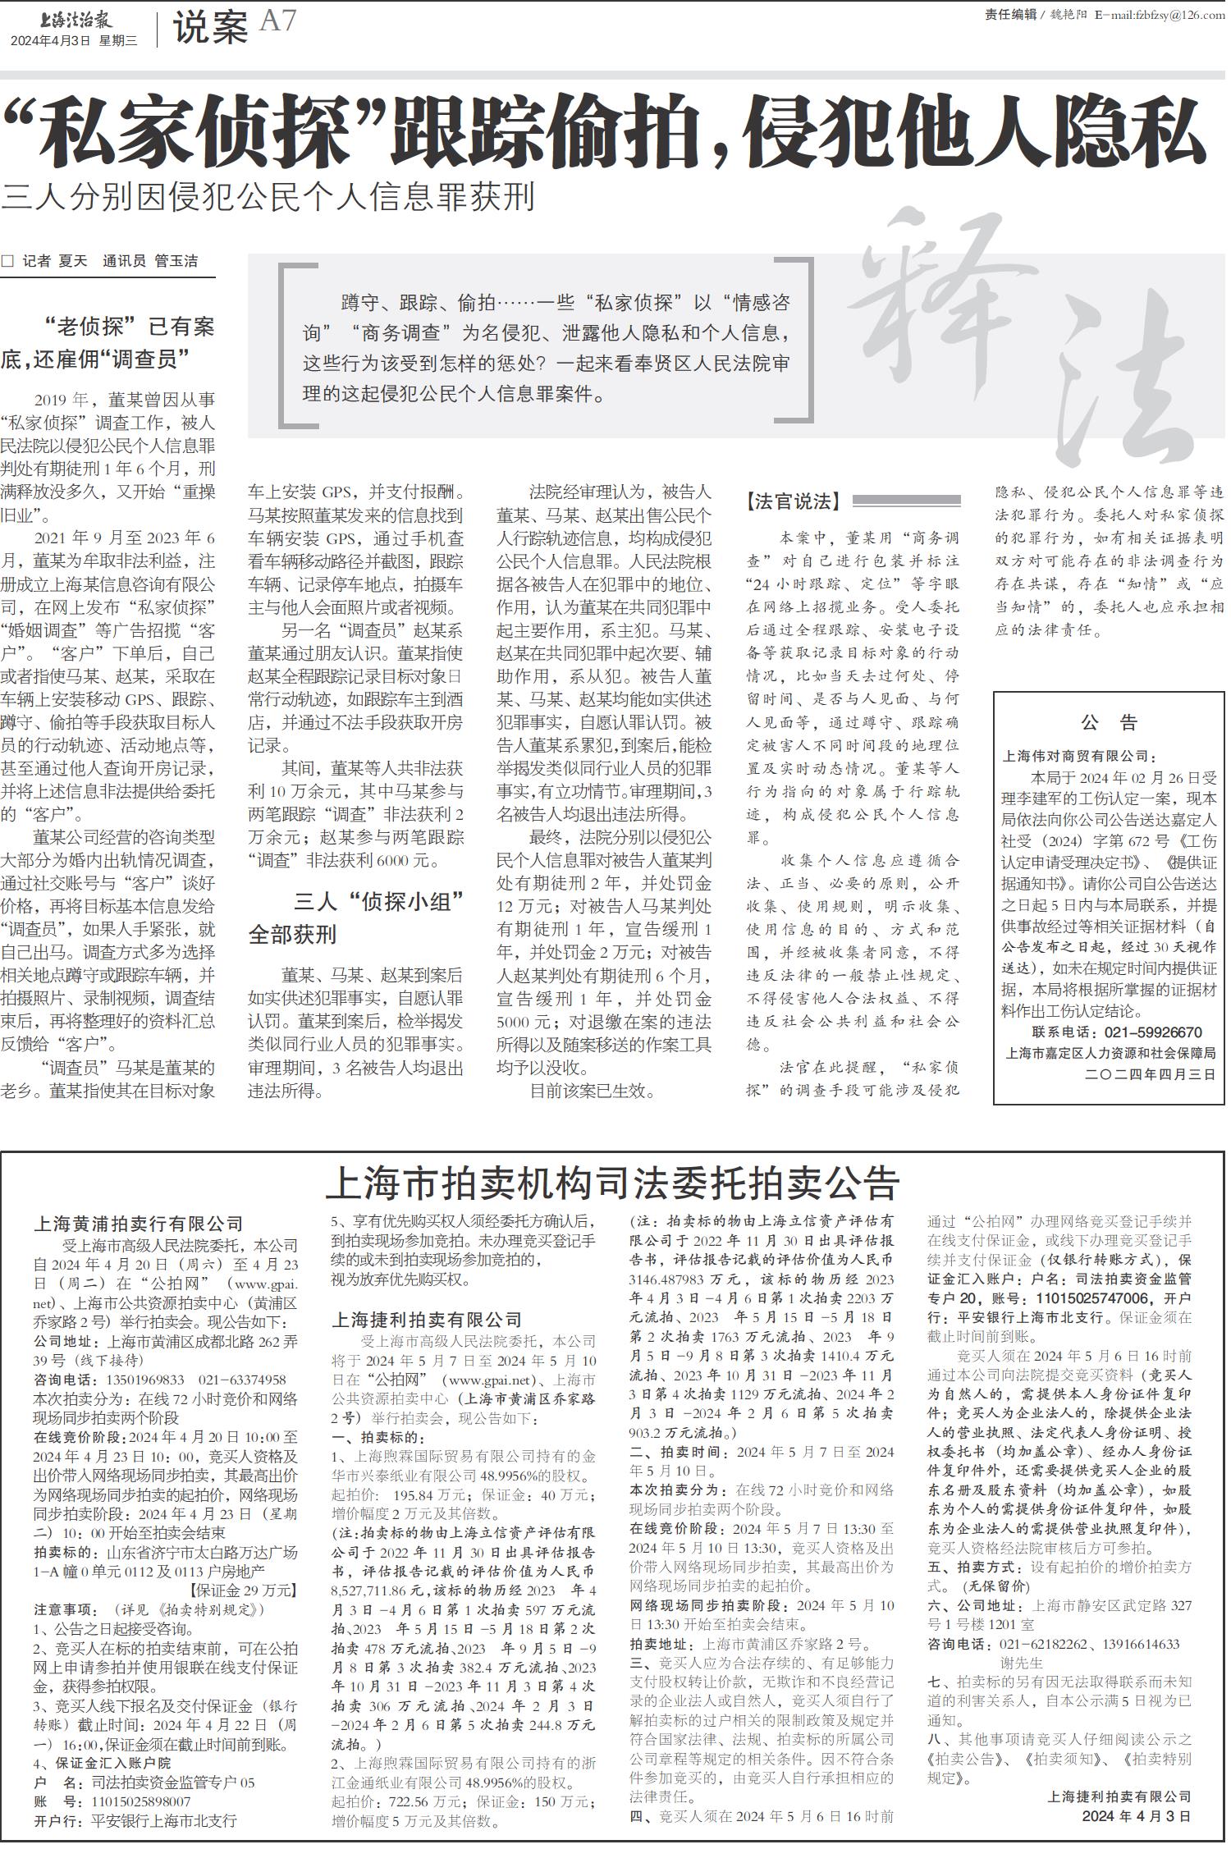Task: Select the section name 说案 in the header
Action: click(210, 29)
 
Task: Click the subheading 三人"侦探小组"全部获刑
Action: click(356, 918)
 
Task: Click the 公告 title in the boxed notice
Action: click(1109, 722)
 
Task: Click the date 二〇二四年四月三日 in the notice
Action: click(1150, 1073)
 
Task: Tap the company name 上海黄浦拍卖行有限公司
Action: click(139, 1224)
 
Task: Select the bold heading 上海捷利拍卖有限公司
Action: click(427, 1320)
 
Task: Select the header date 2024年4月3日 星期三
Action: click(74, 40)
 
